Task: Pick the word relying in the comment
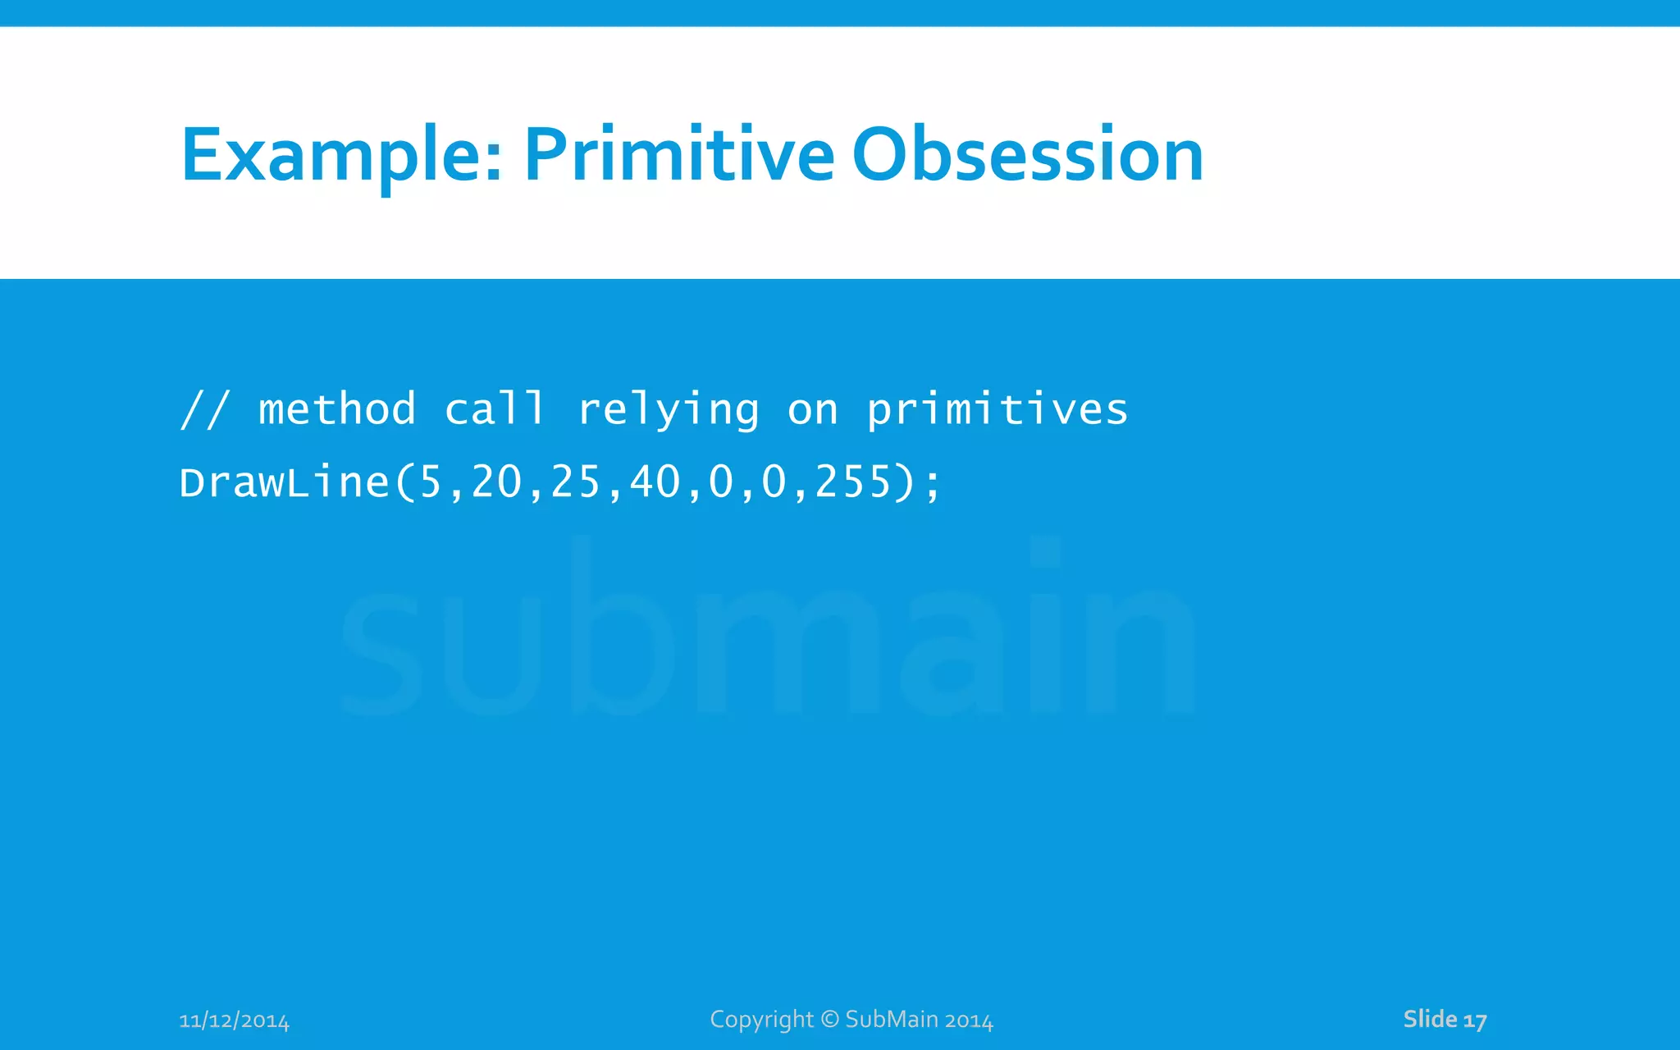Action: pos(669,410)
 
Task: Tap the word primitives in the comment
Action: pos(997,410)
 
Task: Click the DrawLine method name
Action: pos(284,482)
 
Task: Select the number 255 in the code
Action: pos(853,482)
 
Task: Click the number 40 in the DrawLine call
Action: pos(655,482)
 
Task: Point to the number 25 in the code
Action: pos(576,482)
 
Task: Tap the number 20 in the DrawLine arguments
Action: pos(496,482)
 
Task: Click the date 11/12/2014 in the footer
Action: pos(234,1020)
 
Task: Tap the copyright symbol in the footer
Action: pos(829,1019)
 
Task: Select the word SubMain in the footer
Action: pos(892,1019)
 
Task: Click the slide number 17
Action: pos(1475,1020)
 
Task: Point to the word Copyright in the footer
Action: pos(761,1020)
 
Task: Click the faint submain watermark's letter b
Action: pos(619,632)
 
